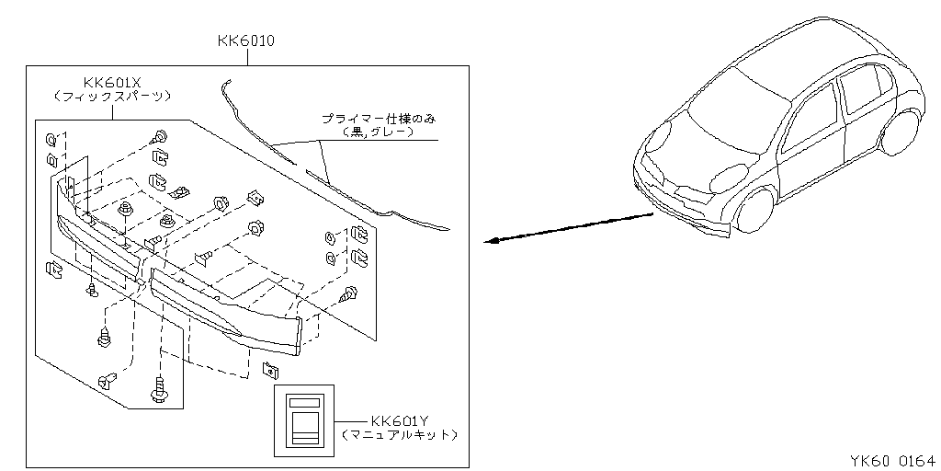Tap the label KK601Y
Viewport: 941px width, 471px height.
[x=398, y=419]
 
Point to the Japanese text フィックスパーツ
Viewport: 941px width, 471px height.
[x=112, y=96]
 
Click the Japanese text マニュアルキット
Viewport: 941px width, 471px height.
[x=398, y=433]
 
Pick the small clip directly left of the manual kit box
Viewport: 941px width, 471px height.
[x=269, y=370]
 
